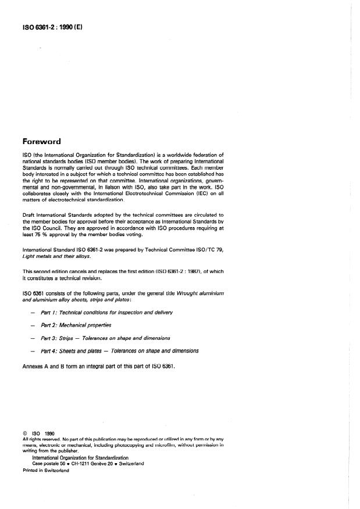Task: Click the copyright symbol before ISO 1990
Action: point(24,433)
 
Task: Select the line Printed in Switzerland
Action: point(45,471)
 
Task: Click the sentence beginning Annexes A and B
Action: point(99,367)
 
